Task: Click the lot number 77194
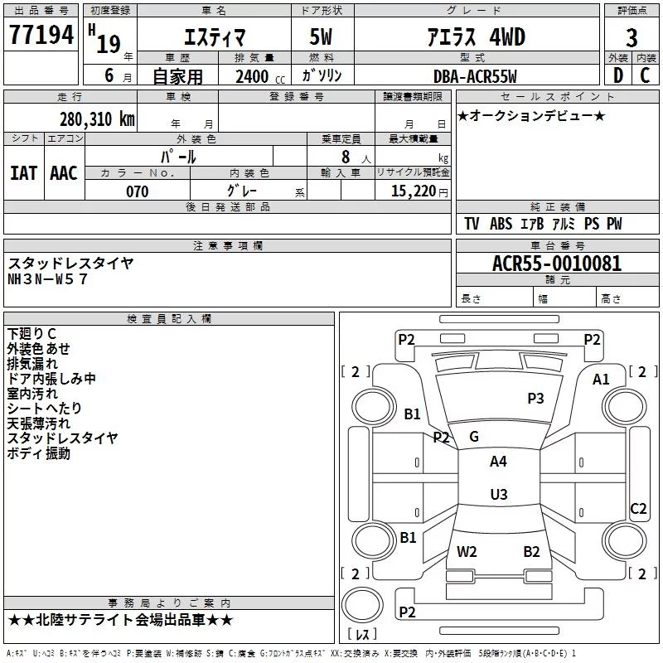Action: click(41, 35)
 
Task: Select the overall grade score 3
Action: click(632, 37)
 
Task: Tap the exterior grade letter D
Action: click(618, 75)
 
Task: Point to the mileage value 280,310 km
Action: click(97, 119)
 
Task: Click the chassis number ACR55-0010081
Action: click(557, 264)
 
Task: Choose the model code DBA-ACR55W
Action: click(475, 76)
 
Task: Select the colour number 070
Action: click(138, 191)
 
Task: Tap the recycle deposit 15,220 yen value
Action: click(419, 191)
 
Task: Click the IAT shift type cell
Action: click(24, 173)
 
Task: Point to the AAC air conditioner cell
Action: click(64, 173)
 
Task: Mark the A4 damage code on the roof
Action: click(498, 462)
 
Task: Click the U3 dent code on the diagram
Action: click(499, 494)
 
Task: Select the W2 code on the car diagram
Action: click(467, 552)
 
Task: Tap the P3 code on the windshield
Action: click(535, 399)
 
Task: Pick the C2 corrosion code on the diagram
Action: click(638, 509)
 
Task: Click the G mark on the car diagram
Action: click(474, 437)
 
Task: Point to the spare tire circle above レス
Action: click(362, 604)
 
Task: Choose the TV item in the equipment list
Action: click(472, 224)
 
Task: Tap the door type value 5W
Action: click(321, 36)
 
